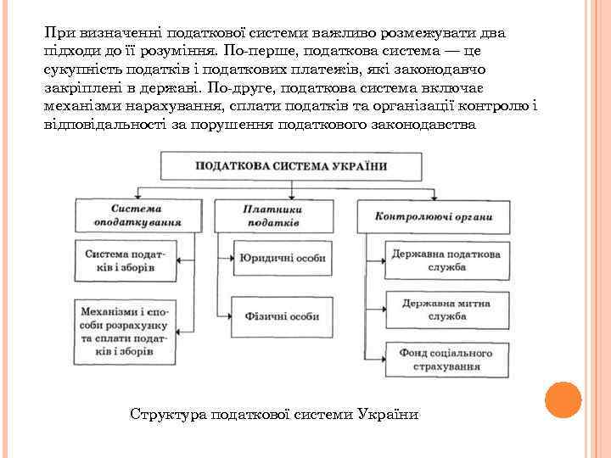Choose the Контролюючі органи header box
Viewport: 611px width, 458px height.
click(x=434, y=216)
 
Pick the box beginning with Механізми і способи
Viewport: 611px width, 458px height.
click(x=125, y=331)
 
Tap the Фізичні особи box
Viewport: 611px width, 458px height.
click(x=282, y=316)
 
